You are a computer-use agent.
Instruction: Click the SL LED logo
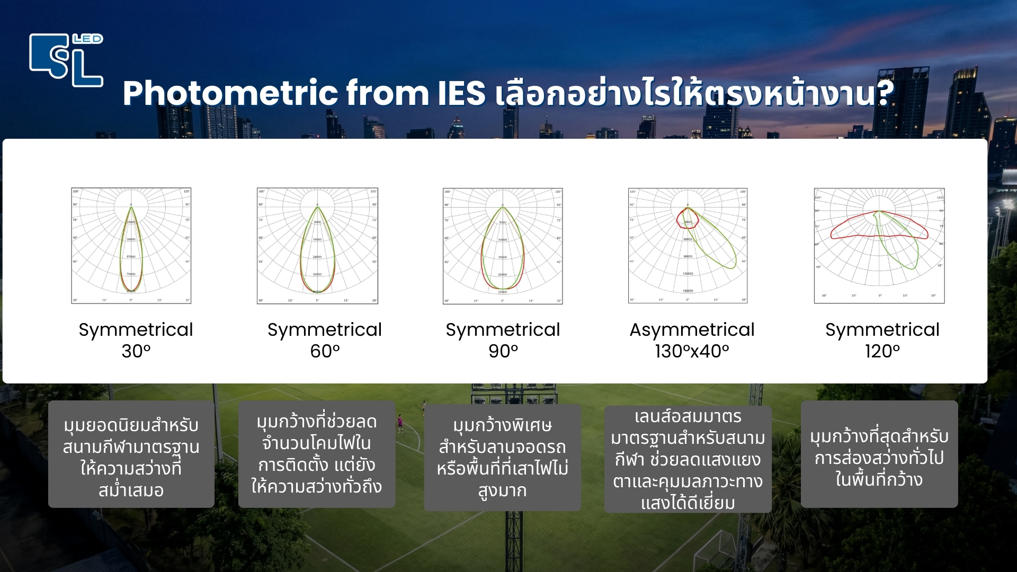click(66, 60)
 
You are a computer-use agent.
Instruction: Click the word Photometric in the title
click(230, 93)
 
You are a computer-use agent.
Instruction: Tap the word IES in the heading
click(461, 93)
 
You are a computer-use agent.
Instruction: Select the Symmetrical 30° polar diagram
click(131, 246)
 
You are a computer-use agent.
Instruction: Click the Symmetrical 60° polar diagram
click(317, 246)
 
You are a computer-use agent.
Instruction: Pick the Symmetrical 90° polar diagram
click(503, 246)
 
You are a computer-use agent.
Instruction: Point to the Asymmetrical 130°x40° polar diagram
click(688, 246)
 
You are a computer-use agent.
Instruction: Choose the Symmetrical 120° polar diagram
click(879, 246)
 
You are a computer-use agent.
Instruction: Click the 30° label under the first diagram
click(136, 351)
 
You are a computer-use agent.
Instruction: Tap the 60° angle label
click(325, 351)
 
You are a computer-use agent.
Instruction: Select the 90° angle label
click(503, 351)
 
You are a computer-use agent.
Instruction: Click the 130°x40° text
click(692, 351)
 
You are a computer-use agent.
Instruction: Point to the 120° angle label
click(882, 351)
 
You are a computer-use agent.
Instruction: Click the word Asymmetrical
click(692, 329)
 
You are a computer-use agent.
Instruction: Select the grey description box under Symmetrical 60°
click(317, 454)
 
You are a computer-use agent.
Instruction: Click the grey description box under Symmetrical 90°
click(503, 458)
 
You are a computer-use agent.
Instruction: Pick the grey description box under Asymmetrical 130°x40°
click(688, 459)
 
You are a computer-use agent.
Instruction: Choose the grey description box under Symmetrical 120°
click(879, 454)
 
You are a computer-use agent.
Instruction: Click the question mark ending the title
click(885, 93)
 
